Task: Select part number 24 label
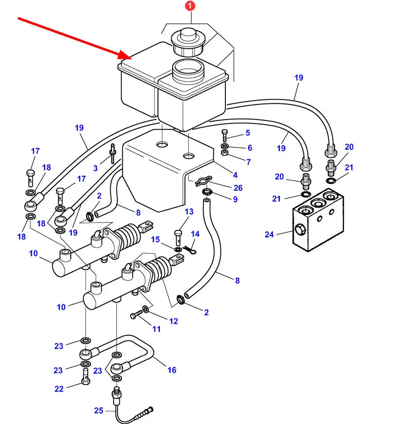[x=270, y=234]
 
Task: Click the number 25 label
[x=99, y=411]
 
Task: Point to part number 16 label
[x=172, y=370]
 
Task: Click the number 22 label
[x=59, y=389]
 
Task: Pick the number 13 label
[x=189, y=212]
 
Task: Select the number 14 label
[x=195, y=234]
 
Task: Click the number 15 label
[x=155, y=239]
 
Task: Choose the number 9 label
[x=235, y=199]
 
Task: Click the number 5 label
[x=247, y=133]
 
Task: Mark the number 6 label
[x=250, y=148]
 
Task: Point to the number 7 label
[x=248, y=162]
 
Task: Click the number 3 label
[x=96, y=168]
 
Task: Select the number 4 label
[x=235, y=175]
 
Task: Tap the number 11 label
[x=156, y=329]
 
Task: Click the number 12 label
[x=174, y=321]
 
